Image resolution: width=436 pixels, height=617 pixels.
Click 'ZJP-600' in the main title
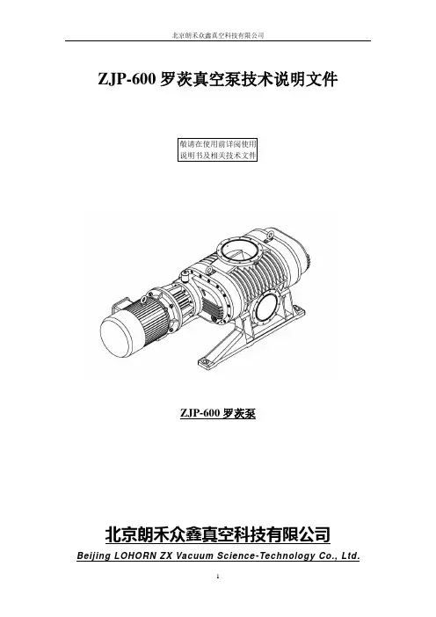[127, 79]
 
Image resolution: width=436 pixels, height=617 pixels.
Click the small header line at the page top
[218, 35]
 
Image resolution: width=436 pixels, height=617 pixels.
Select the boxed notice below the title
[218, 149]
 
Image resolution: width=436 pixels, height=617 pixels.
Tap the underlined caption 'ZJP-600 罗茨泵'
[218, 414]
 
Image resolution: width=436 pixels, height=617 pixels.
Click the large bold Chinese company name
[218, 534]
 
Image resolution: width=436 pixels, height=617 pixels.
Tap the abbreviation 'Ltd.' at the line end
[350, 556]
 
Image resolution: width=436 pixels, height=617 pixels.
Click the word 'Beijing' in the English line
[94, 557]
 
